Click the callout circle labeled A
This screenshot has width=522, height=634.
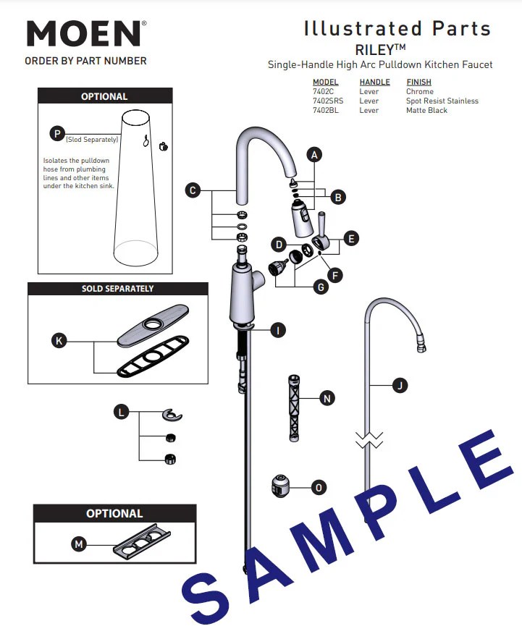click(313, 154)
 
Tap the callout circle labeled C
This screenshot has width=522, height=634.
click(192, 190)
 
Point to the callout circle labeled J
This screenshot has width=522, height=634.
click(399, 386)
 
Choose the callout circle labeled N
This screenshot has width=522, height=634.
click(327, 398)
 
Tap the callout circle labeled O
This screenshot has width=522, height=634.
click(319, 488)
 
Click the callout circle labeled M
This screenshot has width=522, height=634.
click(78, 544)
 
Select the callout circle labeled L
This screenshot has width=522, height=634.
click(122, 412)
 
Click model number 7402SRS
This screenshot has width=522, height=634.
click(327, 101)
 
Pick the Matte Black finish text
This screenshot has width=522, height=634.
click(426, 111)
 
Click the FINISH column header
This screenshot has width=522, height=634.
click(418, 83)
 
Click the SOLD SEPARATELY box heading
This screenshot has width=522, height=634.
click(117, 288)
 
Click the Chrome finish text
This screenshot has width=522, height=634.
click(420, 92)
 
